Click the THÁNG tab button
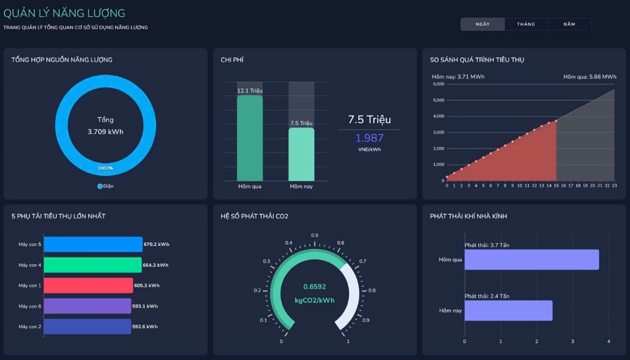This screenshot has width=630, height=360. (x=526, y=24)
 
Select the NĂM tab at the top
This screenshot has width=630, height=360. (x=569, y=24)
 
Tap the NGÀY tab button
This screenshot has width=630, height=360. (x=483, y=24)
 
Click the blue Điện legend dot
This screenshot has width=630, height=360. (x=100, y=186)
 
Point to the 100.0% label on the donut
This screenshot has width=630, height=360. (x=105, y=168)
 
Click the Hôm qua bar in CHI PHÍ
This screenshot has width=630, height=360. (x=250, y=138)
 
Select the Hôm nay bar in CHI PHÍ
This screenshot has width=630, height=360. (x=301, y=154)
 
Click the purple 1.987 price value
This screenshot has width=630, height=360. (x=369, y=138)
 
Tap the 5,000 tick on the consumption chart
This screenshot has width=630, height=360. (x=439, y=100)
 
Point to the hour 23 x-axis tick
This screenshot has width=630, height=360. (x=614, y=185)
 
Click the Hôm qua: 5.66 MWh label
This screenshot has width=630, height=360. (x=590, y=76)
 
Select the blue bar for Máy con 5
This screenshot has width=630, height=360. (x=93, y=244)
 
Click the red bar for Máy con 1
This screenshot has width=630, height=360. (x=88, y=285)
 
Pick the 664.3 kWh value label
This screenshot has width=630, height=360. (x=155, y=265)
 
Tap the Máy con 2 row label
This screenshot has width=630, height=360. (x=30, y=326)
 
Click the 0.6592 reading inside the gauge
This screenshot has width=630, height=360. (x=314, y=286)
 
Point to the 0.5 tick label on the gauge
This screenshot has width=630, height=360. (x=315, y=235)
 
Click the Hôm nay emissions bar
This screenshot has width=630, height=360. (x=509, y=310)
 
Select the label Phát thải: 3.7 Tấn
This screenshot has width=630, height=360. (x=487, y=245)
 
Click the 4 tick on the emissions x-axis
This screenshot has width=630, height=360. (x=609, y=341)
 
